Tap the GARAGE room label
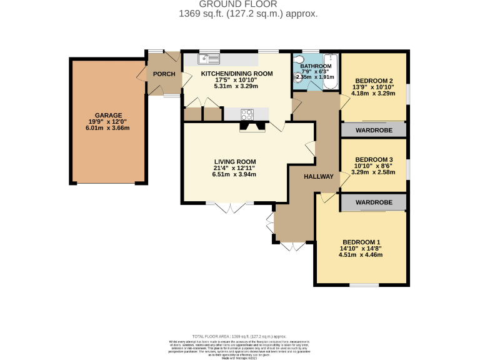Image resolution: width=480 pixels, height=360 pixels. point(108,116)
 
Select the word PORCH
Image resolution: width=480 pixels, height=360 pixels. point(164,75)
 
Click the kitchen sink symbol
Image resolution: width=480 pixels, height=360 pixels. point(209,59)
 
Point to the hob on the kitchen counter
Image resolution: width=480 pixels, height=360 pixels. point(247,114)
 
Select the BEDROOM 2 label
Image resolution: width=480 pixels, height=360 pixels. point(374,81)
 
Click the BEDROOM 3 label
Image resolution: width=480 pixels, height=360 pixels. point(374,159)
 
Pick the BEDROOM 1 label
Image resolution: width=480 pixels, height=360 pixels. point(361,242)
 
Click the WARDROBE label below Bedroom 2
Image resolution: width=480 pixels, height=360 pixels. point(374,131)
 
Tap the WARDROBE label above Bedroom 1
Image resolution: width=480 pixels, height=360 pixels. point(374,202)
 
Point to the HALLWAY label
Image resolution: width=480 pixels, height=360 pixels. point(319,177)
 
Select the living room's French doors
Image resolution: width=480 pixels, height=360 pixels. point(231,207)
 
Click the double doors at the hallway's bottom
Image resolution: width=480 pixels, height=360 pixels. point(292,247)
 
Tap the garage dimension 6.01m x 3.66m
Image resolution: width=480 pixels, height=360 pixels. point(108,129)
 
